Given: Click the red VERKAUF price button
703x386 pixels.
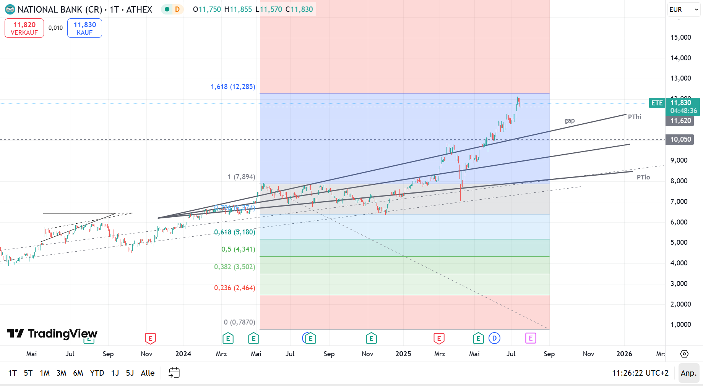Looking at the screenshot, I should point(24,28).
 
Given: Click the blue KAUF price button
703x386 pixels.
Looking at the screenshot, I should point(84,28).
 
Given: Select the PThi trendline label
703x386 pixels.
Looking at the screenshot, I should point(635,117).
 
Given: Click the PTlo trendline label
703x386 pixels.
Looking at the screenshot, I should point(643,177).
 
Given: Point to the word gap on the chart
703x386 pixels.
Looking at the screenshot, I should point(570,121).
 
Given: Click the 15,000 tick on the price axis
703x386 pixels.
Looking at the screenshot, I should point(680,37).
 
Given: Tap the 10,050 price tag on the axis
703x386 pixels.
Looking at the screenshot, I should point(680,139).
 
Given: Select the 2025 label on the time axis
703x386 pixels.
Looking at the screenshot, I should point(403,354).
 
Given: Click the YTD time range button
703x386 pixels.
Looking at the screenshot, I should point(97,373).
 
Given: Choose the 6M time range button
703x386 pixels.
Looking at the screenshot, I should point(78,373).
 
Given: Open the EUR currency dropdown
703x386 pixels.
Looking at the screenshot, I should point(684,10).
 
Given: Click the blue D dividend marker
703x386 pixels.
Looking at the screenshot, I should point(494,338).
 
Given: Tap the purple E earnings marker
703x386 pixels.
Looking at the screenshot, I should point(530,338).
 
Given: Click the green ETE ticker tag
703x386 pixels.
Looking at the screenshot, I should point(657,103).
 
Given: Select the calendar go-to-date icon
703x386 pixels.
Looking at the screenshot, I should point(174,373).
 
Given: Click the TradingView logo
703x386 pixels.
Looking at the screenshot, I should point(52,334).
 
